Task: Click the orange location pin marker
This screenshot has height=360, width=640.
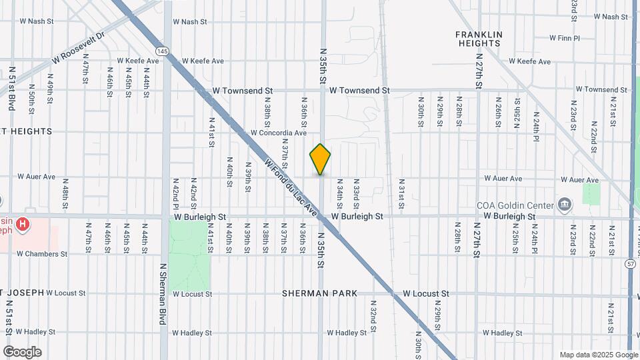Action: point(320,159)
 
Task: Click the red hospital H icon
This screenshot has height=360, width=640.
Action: point(23,224)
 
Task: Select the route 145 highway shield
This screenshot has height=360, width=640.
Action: point(161,51)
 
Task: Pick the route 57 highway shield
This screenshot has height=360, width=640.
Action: point(630,264)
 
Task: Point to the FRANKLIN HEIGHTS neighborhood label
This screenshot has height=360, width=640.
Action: point(479,39)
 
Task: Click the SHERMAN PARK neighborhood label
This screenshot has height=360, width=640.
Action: point(319,293)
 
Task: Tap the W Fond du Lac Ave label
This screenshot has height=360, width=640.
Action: point(291,186)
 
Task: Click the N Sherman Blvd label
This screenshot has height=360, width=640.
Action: point(162,293)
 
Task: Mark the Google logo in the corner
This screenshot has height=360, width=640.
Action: point(22,352)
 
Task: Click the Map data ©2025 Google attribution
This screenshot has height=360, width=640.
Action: point(598,355)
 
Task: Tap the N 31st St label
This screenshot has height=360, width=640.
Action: point(402,193)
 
